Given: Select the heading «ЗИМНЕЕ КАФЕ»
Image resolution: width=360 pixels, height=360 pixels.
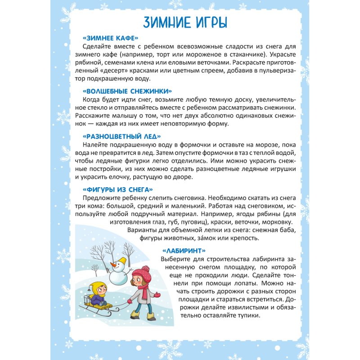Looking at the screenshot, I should (x=110, y=38).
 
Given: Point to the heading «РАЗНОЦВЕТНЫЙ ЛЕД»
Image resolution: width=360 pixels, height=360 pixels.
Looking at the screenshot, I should (x=121, y=136).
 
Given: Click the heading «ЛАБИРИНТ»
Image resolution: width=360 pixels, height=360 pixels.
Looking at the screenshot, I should (x=184, y=250).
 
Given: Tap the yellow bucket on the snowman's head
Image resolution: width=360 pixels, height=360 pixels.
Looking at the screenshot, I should (x=119, y=258).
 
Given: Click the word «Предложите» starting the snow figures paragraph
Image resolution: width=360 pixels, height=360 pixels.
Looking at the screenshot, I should (x=102, y=198).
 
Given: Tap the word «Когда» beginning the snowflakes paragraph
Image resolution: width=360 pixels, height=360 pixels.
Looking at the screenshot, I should (x=93, y=99).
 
